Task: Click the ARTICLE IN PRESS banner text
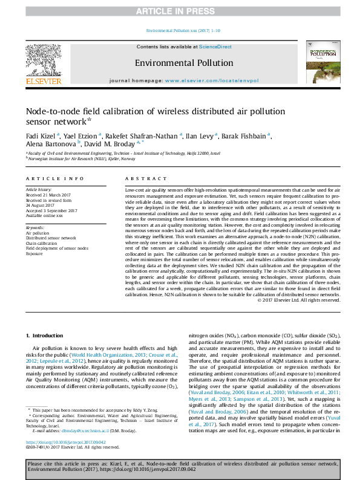pos(180,11)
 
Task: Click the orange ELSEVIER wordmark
pos(43,81)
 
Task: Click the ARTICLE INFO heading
pos(57,179)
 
